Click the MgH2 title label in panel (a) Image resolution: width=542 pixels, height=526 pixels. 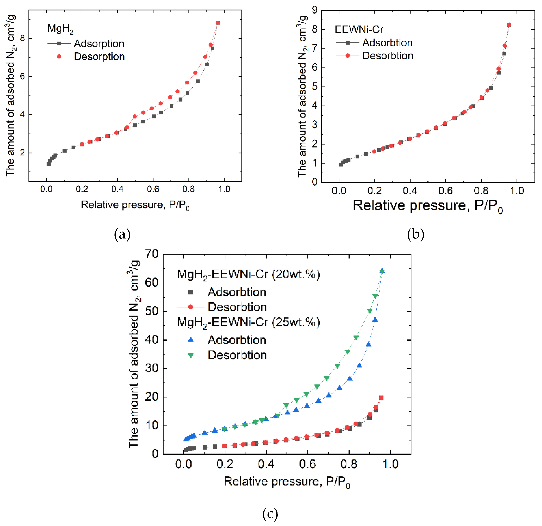pos(60,29)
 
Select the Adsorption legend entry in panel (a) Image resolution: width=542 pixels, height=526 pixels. pos(99,44)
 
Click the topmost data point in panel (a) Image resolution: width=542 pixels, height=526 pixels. pos(218,23)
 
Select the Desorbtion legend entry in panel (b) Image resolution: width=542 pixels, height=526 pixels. pos(387,56)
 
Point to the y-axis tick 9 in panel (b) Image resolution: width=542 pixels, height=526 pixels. pos(314,10)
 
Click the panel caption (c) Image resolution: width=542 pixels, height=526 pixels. pos(270,514)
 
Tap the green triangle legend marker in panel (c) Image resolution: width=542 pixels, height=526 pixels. pos(190,355)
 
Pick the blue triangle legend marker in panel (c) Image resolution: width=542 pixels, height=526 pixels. pos(190,340)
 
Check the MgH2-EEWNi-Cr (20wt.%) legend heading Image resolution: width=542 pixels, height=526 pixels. pos(248,274)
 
